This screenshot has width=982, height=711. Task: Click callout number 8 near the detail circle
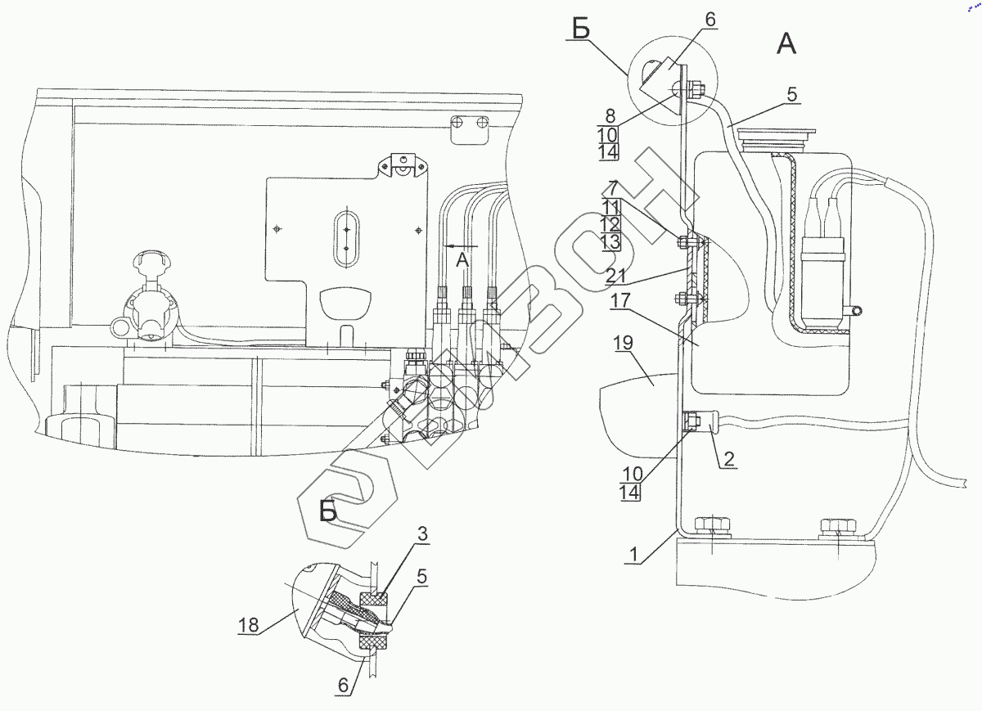pos(611,116)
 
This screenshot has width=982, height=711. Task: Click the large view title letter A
pos(785,46)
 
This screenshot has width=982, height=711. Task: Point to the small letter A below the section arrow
pos(462,261)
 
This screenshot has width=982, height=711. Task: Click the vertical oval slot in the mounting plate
pos(346,238)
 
